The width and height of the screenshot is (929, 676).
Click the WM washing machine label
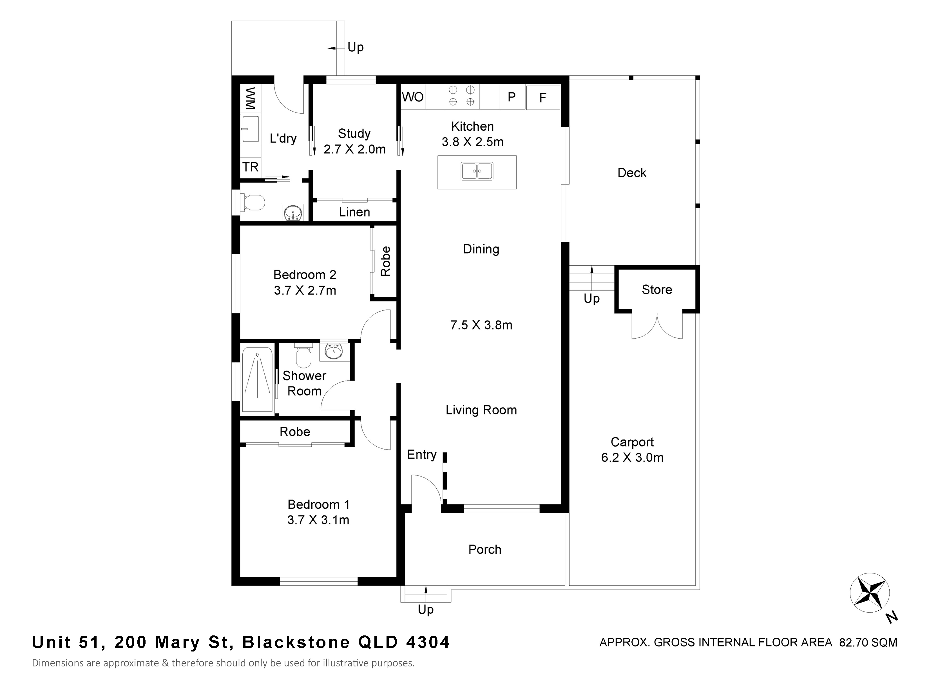pos(251,98)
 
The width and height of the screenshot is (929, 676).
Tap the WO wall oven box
pos(413,97)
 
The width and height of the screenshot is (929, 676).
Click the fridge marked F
pos(543,97)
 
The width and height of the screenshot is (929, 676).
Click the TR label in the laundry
pos(251,167)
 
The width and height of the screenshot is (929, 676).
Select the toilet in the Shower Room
pos(303,355)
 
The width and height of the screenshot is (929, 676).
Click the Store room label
pos(657,290)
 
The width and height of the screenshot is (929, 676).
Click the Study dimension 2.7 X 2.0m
pos(355,149)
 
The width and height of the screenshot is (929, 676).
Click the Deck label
pos(632,173)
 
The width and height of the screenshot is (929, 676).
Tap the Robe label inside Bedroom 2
pos(385,261)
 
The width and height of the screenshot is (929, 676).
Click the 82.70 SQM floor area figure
pos(868,642)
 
